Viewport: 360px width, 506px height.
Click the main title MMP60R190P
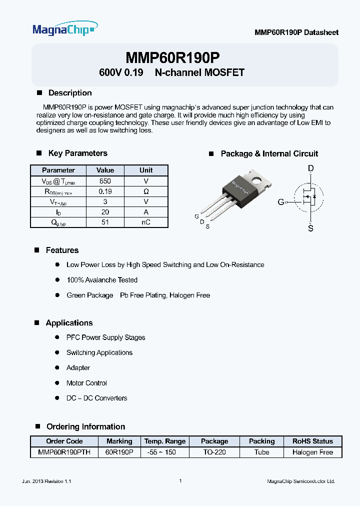click(172, 57)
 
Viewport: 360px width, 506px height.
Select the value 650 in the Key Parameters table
click(105, 181)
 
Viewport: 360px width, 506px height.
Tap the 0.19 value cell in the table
click(105, 191)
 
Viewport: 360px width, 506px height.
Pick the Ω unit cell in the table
click(146, 191)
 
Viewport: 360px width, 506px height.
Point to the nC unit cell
click(146, 222)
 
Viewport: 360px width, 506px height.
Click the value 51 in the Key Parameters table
click(105, 222)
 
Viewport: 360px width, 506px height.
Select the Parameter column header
click(58, 170)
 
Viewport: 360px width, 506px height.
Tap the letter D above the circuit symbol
click(311, 169)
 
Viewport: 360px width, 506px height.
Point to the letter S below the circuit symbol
click(311, 228)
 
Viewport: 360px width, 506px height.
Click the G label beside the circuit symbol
click(280, 202)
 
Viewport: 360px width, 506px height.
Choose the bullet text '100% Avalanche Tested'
click(102, 280)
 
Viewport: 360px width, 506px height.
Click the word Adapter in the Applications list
click(78, 367)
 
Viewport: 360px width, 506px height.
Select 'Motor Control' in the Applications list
click(86, 383)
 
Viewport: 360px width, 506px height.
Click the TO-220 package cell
click(214, 452)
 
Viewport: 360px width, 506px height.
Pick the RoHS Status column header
click(312, 441)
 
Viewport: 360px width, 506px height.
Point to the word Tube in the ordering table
click(261, 452)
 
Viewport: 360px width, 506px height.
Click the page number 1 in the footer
click(180, 480)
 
